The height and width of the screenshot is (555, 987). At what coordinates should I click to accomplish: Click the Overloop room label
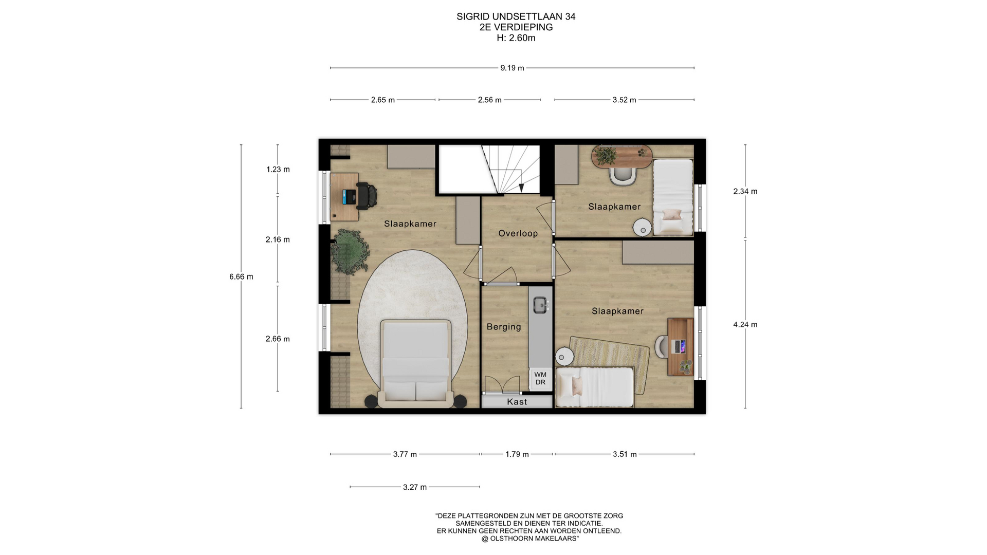[x=518, y=233]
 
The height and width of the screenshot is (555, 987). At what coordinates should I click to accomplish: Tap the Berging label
[x=504, y=327]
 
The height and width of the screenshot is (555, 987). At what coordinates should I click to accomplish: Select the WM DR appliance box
[x=540, y=379]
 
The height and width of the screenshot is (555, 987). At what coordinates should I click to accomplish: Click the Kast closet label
[x=517, y=402]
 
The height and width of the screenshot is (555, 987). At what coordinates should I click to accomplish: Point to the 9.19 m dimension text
[x=512, y=68]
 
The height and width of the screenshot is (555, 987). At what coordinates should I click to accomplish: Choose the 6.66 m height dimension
[x=241, y=276]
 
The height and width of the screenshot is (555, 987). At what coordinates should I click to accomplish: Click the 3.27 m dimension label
[x=415, y=487]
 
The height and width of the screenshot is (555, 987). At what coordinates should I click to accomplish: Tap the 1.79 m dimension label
[x=517, y=454]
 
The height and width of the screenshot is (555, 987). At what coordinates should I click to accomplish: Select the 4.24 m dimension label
[x=745, y=325]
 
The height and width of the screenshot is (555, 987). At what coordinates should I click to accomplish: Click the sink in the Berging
[x=540, y=305]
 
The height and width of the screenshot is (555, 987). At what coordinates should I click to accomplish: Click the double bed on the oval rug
[x=416, y=363]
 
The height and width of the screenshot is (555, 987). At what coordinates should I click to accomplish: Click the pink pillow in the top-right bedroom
[x=671, y=215]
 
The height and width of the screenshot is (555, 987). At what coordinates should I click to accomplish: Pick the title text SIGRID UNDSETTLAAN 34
[x=516, y=16]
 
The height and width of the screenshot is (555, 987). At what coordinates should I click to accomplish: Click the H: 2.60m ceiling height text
[x=516, y=38]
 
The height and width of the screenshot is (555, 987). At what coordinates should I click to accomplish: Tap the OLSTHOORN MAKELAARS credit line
[x=530, y=539]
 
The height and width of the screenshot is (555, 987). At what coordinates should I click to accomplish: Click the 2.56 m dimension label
[x=489, y=100]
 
